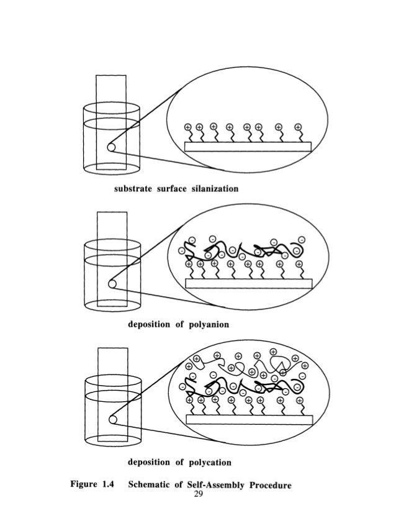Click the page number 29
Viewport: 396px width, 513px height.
pos(199,494)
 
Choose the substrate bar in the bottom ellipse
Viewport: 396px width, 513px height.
pos(248,420)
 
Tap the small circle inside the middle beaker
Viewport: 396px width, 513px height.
pos(112,284)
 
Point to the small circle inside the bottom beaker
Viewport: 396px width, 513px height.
pos(112,420)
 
